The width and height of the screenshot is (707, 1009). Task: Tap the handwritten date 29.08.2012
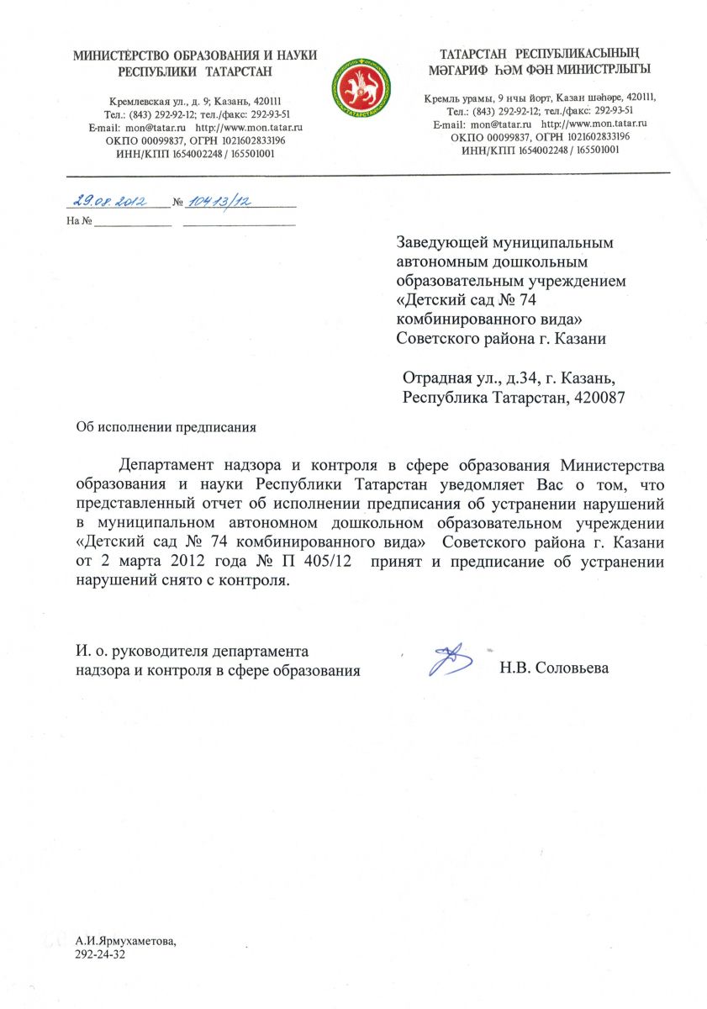tap(108, 202)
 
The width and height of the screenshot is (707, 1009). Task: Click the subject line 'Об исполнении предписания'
tap(166, 426)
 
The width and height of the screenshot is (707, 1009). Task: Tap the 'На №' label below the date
tap(78, 221)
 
